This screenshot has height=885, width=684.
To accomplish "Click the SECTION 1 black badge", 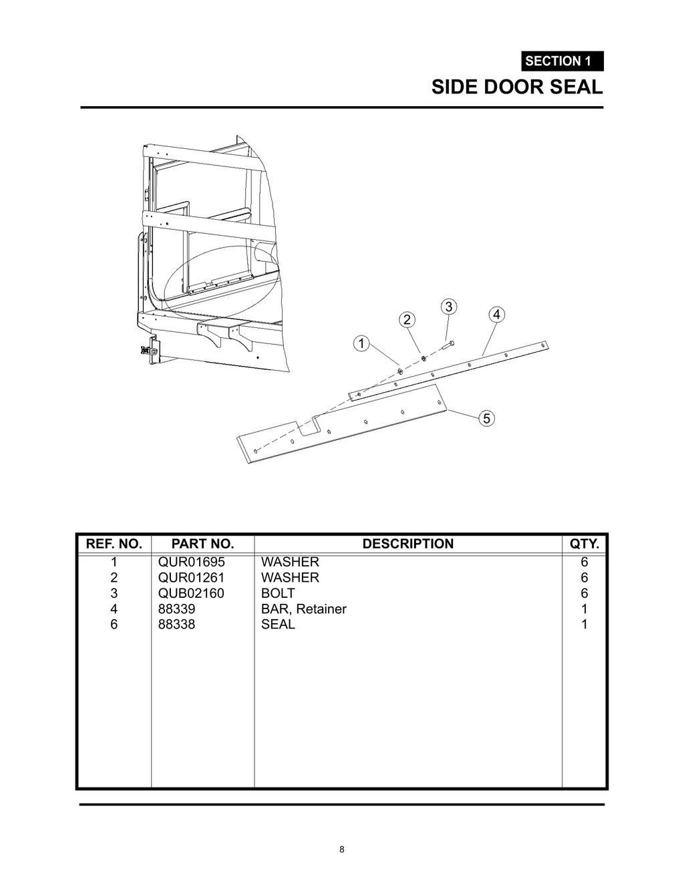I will pos(562,61).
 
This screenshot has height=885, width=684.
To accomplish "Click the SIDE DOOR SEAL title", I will pos(516,87).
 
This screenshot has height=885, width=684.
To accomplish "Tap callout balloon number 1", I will pos(361,344).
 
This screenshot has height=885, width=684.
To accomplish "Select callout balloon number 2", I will pos(407,319).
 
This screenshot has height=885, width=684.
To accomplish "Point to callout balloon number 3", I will pos(449,307).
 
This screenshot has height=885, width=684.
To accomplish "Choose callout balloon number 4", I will pos(496,315).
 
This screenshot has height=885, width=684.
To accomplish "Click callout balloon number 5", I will pos(487,419).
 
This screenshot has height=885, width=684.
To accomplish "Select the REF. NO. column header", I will pos(114,544).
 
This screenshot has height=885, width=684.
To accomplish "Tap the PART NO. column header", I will pos(202,544).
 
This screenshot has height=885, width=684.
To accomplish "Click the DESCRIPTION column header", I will pos(407,544).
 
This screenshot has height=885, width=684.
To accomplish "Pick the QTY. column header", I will pos(584,544).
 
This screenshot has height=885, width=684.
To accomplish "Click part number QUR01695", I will pos(192,562).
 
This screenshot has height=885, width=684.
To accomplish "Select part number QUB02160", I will pos(191,593).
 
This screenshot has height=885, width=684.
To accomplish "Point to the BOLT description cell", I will pos(278,593).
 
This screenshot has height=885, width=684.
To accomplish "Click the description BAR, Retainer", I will pos(304,608).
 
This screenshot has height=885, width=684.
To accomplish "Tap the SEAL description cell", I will pos(278,625).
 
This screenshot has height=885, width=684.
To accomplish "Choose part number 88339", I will pos(177,608).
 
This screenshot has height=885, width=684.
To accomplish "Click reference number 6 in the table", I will pos(114,625).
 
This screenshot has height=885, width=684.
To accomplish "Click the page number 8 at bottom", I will pos(342,850).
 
